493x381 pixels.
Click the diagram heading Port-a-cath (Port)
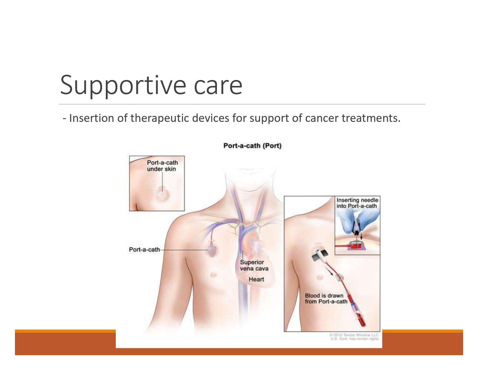[252, 146]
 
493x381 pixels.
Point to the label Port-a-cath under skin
[162, 166]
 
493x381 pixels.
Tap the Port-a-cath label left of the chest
[144, 250]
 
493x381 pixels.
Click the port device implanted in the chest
[212, 249]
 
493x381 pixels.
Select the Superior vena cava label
[254, 265]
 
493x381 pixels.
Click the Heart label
[256, 279]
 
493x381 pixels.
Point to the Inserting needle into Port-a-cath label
[357, 203]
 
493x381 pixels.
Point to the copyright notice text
[354, 337]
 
